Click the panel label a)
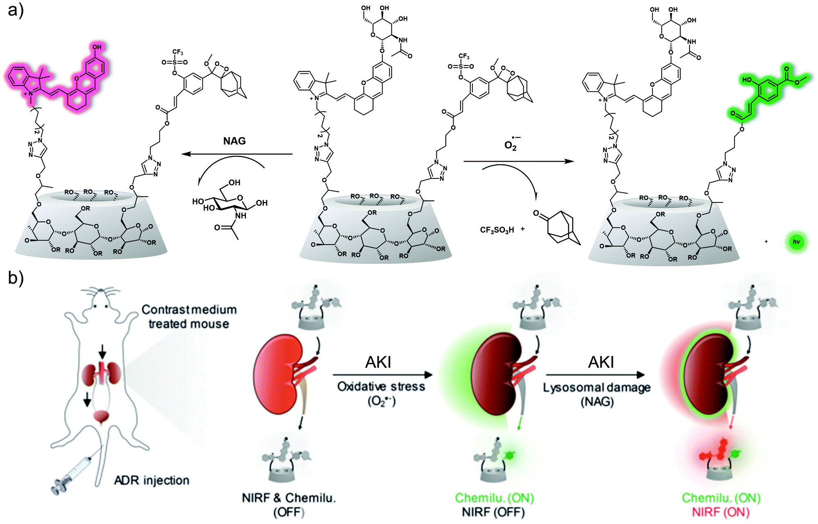(x=16, y=10)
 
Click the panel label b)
(x=16, y=279)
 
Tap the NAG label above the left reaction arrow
(x=234, y=141)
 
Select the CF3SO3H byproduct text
(x=497, y=230)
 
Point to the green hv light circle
(x=796, y=242)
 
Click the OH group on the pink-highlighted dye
(x=97, y=47)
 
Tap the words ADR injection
(x=152, y=480)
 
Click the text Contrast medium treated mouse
(x=189, y=317)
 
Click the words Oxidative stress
(x=381, y=387)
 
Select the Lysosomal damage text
(x=597, y=387)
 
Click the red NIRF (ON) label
(x=721, y=512)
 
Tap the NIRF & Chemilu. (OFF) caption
(x=289, y=504)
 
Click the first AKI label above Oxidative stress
(x=378, y=362)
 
